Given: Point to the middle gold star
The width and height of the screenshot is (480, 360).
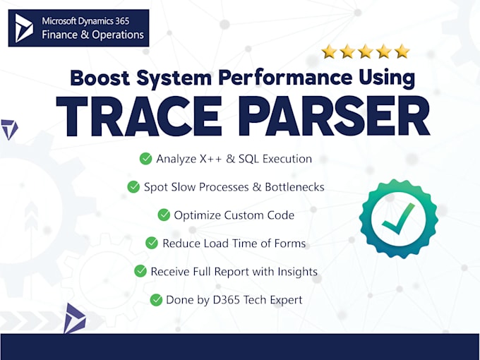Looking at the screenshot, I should (366, 51).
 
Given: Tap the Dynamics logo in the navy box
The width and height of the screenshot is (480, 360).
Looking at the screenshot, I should (25, 28).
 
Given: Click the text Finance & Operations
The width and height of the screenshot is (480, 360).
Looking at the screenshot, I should (93, 35).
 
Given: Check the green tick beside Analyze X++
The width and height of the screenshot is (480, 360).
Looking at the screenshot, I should (145, 159).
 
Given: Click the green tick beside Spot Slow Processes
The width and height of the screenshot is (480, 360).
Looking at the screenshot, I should (133, 187).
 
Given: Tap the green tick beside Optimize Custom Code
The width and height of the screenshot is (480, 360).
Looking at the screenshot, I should (164, 215).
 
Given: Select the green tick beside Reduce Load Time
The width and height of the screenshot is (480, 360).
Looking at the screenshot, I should (152, 243).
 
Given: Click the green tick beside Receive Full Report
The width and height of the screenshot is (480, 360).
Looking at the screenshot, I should (139, 271).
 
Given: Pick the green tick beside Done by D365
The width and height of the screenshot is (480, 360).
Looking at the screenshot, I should (156, 299).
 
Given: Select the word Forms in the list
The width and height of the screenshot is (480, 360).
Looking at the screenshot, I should (291, 243).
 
